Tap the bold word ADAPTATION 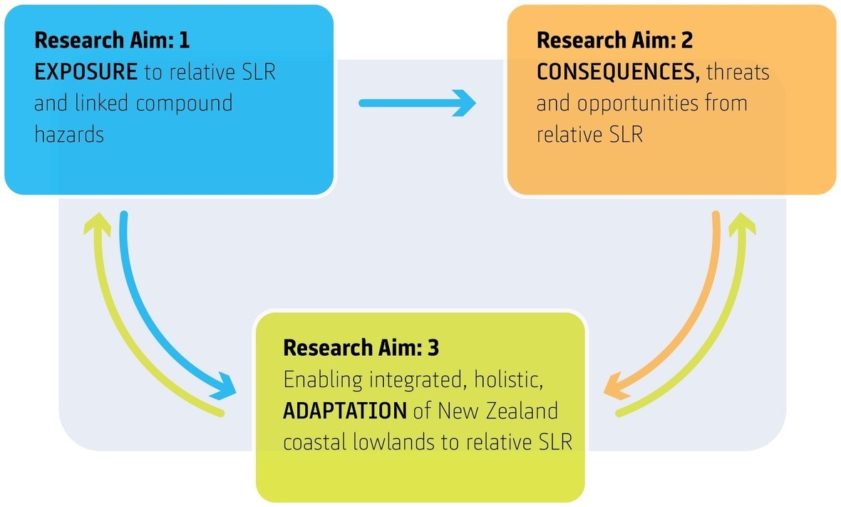346,411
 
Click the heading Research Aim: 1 112,40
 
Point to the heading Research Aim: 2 614,40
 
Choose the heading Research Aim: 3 361,348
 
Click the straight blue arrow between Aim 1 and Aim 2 417,103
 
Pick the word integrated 413,379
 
